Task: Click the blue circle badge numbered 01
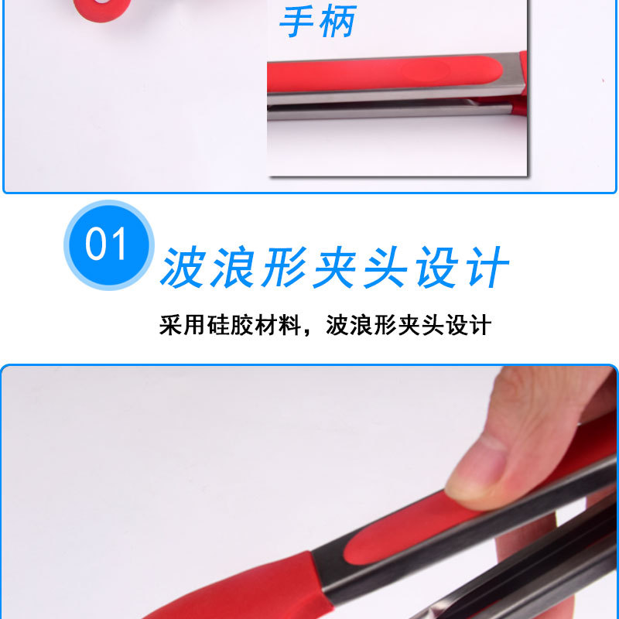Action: coord(108,245)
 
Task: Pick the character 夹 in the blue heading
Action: coord(334,268)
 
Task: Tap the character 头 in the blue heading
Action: coord(385,268)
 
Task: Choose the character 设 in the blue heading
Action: coord(435,268)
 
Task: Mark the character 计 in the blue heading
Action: coord(485,268)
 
